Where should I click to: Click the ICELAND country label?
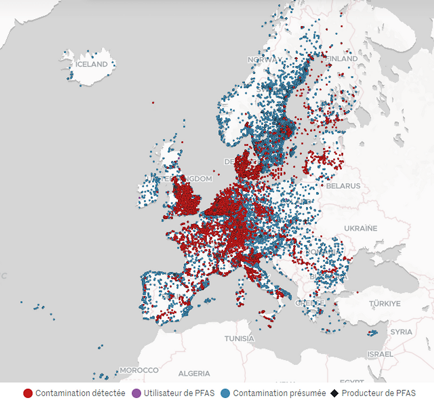coord(91,64)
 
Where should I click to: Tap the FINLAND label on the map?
coord(341,58)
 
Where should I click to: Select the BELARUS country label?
coord(343,186)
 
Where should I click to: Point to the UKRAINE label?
coord(360,228)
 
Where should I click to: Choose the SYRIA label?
coord(401,332)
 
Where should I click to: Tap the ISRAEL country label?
coord(380,353)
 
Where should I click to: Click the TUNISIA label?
coord(239,338)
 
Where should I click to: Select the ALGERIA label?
coord(194,374)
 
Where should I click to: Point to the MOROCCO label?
coord(139,370)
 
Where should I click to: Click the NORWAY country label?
coord(265,59)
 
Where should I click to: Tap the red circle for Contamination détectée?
coord(28,393)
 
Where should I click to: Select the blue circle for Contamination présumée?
coord(226,393)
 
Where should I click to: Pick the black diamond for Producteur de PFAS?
coord(334,393)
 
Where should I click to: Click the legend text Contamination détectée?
coord(80,393)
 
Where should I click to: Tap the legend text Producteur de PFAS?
coord(378,393)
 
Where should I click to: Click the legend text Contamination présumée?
coord(279,393)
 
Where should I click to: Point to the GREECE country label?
coord(310,303)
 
